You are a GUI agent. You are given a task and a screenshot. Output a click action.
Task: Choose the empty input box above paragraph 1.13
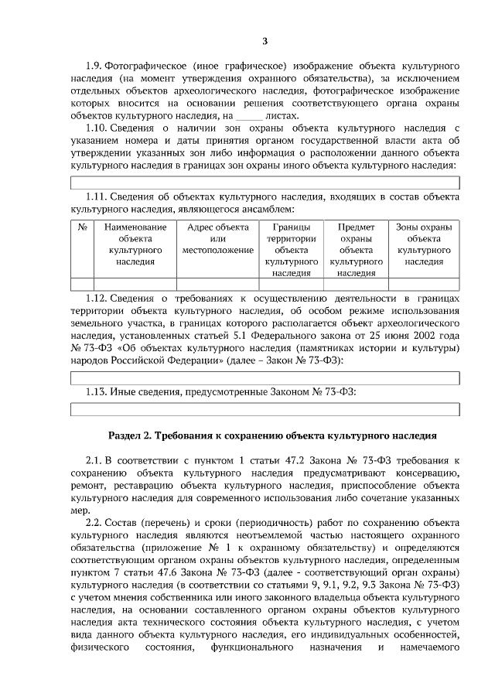[x=265, y=377]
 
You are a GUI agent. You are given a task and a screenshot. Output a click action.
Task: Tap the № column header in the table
[x=82, y=227]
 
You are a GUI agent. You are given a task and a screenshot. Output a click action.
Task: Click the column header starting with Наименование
[x=135, y=244]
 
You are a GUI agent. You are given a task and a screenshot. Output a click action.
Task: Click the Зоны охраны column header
[x=424, y=244]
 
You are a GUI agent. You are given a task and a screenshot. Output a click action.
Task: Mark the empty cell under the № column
[x=82, y=283]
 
